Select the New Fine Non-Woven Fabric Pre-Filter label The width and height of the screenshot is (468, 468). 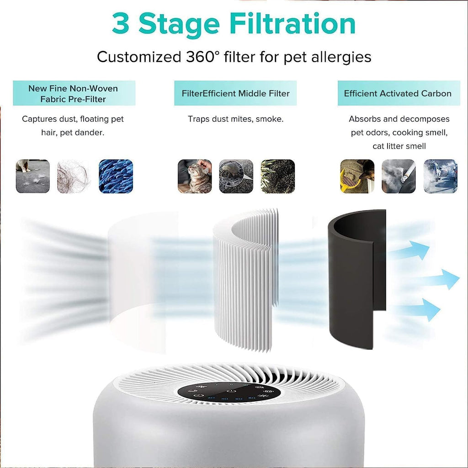(x=74, y=93)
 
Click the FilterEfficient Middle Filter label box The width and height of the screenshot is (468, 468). (x=235, y=93)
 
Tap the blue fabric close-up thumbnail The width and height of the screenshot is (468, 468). (x=116, y=176)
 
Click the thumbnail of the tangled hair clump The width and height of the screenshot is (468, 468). (x=74, y=176)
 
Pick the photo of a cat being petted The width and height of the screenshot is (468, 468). (x=195, y=176)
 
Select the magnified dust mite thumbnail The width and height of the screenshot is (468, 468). (x=236, y=176)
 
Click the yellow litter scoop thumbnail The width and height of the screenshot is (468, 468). (x=357, y=176)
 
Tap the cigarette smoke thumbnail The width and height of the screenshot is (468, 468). (x=399, y=176)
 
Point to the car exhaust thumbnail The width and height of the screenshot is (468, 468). (x=440, y=176)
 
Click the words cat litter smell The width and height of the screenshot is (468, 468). (x=399, y=146)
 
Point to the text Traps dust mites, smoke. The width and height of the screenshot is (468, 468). (x=235, y=119)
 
